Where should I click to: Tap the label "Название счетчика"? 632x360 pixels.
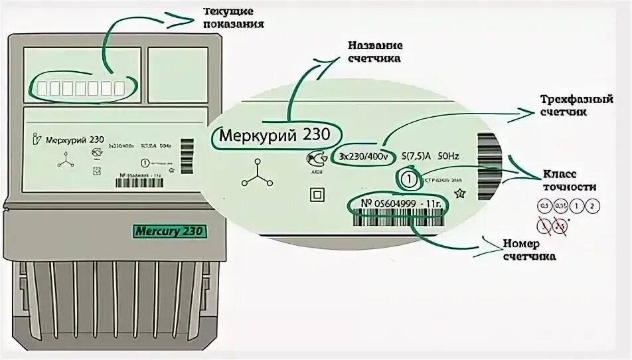click(x=374, y=52)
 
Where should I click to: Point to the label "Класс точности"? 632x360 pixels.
click(x=569, y=180)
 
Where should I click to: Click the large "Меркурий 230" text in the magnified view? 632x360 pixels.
click(x=271, y=135)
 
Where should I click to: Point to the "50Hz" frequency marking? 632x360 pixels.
click(x=445, y=157)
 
